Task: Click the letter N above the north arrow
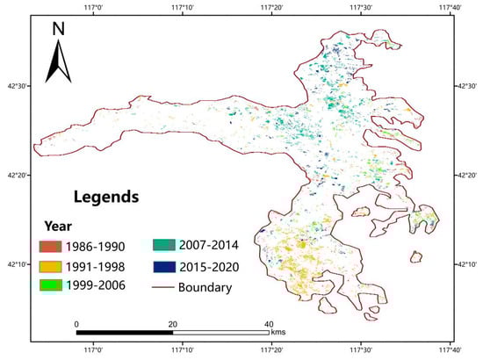coord(58,28)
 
